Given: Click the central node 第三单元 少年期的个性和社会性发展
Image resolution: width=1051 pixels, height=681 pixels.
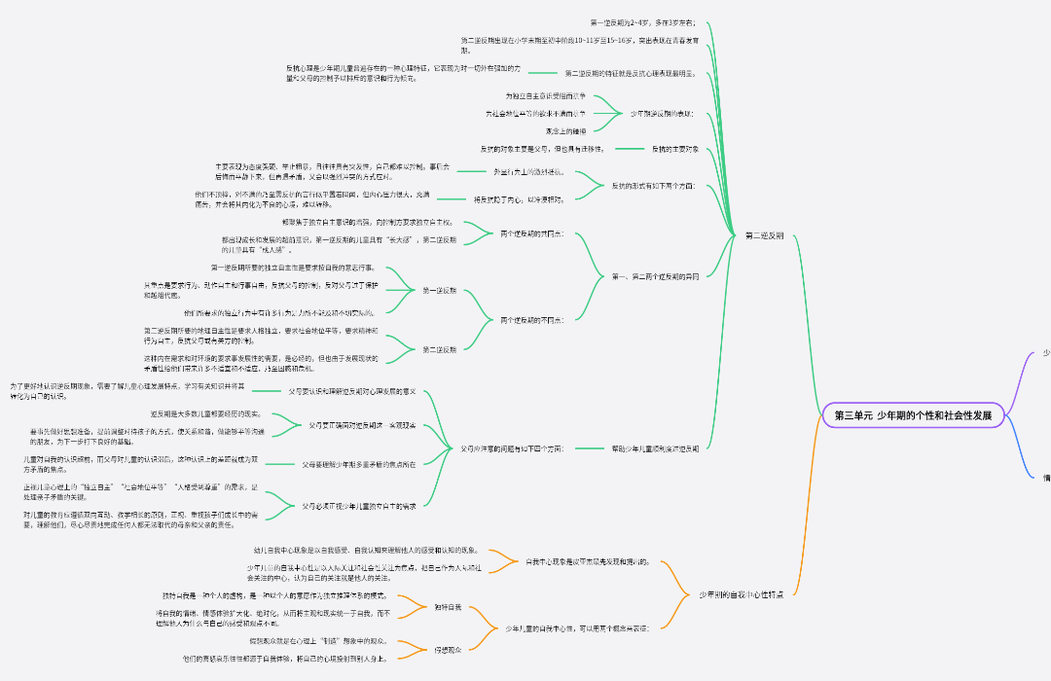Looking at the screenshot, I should point(912,415).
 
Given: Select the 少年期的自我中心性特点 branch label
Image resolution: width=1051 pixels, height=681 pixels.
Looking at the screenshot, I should point(741,593).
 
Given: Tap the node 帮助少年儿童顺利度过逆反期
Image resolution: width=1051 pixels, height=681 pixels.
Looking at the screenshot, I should point(655,448).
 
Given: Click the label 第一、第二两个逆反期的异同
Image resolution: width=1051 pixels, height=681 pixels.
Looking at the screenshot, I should point(655,277).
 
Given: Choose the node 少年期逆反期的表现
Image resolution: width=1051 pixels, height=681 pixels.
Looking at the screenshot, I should point(662,115).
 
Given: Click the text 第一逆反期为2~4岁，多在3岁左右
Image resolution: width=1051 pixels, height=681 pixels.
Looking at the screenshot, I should point(649,21).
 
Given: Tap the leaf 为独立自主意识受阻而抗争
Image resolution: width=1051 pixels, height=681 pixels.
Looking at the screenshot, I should point(545,96).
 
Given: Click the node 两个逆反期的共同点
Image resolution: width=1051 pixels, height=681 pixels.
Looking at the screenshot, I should point(531,234).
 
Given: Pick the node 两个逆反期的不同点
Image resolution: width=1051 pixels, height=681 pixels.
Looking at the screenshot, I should point(531,320).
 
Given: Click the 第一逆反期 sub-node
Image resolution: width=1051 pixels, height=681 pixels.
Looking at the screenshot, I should point(439,291).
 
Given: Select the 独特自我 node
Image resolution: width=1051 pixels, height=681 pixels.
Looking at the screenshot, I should point(448,607).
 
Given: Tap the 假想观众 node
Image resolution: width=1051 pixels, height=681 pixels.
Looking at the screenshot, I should point(448,649).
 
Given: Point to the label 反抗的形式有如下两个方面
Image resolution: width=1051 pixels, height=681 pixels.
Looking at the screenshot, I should point(653,185).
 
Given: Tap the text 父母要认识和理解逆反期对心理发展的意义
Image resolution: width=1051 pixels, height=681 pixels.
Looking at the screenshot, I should point(352,391).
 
